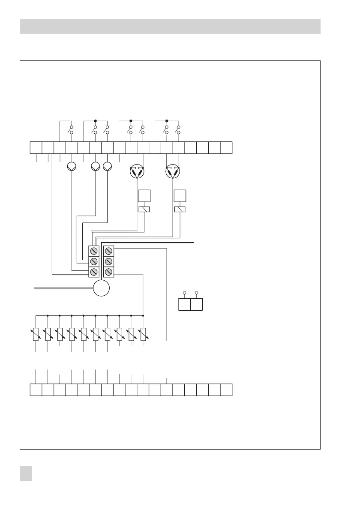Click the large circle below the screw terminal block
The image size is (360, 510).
[x=102, y=288]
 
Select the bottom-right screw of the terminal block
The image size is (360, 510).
[x=109, y=272]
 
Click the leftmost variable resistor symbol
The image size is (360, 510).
[x=36, y=334]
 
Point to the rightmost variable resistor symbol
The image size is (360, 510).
[x=143, y=334]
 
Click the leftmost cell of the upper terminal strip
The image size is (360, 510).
[x=36, y=147]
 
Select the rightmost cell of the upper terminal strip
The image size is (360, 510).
[x=226, y=147]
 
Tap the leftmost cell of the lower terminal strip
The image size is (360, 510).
[x=36, y=390]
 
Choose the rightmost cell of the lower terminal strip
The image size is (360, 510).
[x=226, y=390]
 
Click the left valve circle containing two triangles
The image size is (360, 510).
[x=137, y=172]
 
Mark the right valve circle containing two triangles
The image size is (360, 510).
[x=173, y=172]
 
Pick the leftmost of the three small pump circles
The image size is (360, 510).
[x=71, y=167]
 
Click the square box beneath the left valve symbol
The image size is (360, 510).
[x=144, y=196]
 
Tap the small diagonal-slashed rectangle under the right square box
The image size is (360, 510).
[x=180, y=210]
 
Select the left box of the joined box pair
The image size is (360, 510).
[x=184, y=305]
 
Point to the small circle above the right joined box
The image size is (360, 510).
[x=196, y=293]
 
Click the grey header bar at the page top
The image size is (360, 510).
[x=170, y=26]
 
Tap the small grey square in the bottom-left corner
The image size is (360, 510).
[x=27, y=474]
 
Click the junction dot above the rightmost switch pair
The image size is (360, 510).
[x=167, y=121]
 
